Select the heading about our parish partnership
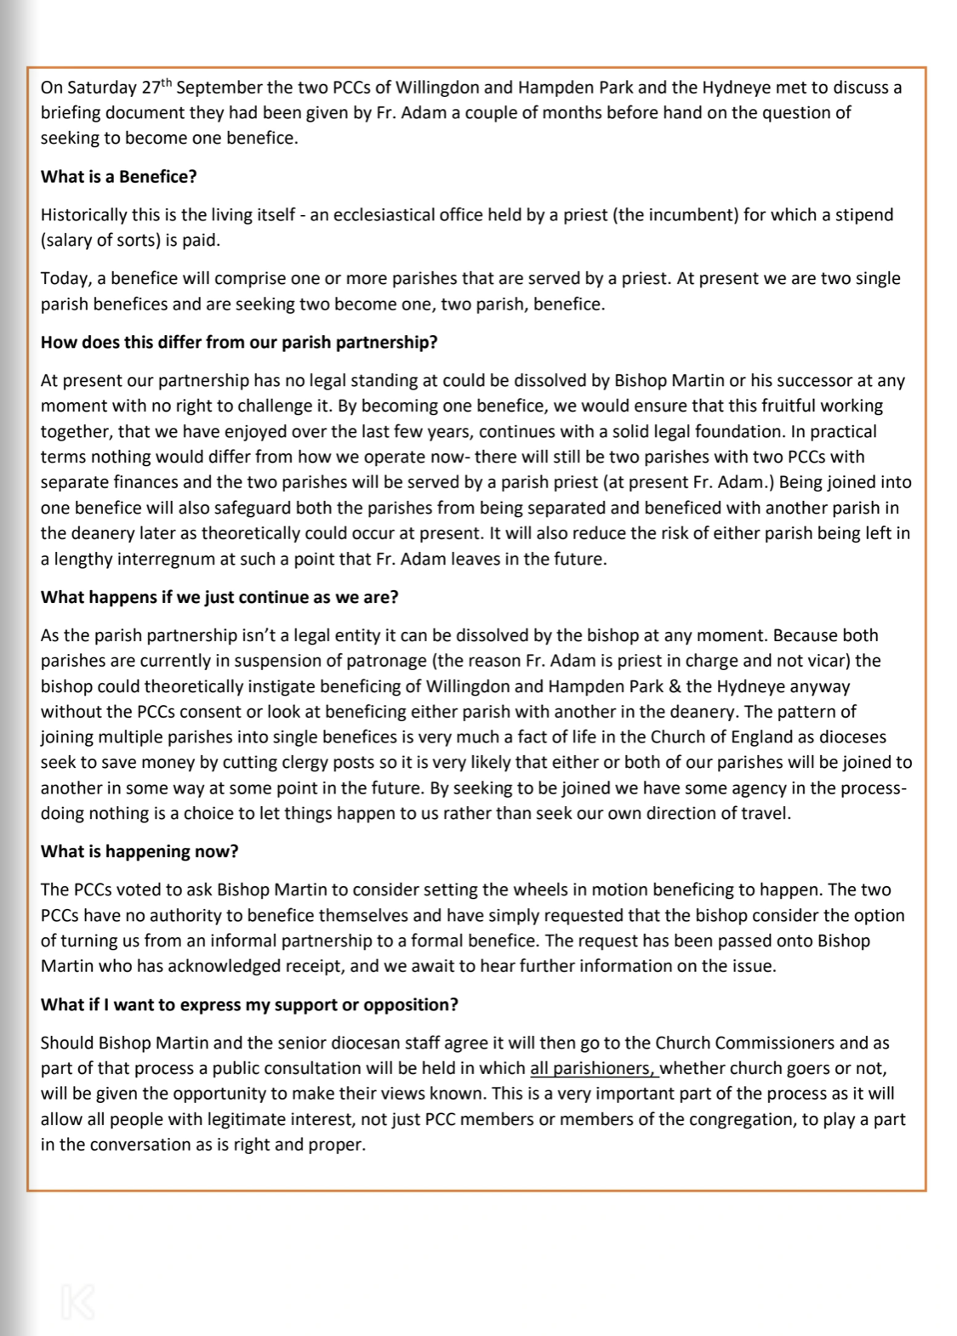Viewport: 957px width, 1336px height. [x=239, y=343]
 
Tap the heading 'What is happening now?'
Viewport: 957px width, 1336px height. [x=140, y=852]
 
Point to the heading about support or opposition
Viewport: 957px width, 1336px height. [x=249, y=1005]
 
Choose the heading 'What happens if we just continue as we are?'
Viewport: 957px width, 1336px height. [x=219, y=597]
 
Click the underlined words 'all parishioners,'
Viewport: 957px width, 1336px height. [x=594, y=1069]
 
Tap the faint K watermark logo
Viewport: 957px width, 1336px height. [x=77, y=1302]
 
